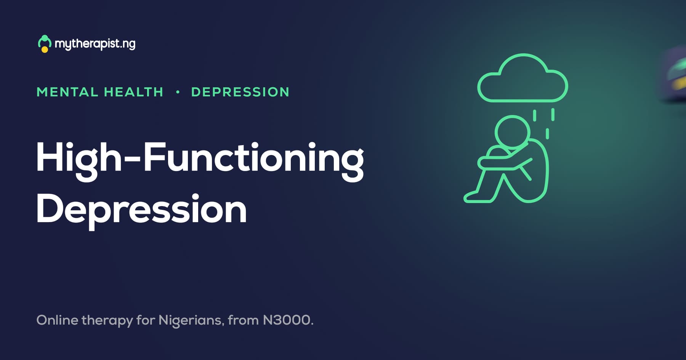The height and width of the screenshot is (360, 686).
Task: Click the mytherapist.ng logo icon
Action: (45, 44)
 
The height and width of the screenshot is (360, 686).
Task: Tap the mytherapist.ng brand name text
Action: (95, 44)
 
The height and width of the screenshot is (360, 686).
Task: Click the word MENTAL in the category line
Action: (67, 92)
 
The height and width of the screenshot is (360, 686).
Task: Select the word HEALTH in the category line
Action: (133, 92)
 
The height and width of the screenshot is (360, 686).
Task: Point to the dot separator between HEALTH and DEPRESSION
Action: (178, 92)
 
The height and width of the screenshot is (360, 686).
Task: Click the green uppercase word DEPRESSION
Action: (240, 92)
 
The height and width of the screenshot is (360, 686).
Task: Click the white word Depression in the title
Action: (141, 210)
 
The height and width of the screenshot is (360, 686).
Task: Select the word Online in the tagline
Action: (57, 320)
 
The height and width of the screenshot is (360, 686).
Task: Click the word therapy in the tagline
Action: (107, 321)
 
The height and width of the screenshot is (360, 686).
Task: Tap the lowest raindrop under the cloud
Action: (548, 134)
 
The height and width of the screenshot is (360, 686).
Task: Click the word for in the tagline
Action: (146, 320)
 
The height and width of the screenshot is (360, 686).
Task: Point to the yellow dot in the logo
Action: (45, 50)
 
